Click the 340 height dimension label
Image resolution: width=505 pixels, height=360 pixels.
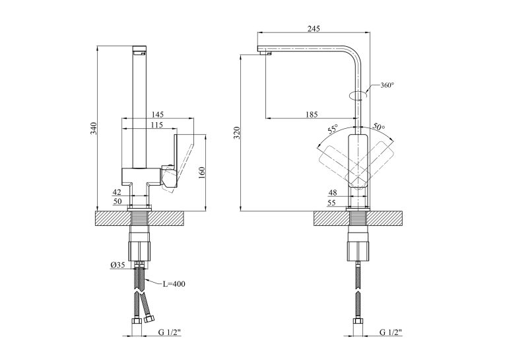coord(93,128)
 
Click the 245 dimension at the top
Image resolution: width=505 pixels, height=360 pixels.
coord(314,28)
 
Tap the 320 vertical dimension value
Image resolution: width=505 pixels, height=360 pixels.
coord(237,133)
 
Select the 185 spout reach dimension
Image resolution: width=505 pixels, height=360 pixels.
coord(312,114)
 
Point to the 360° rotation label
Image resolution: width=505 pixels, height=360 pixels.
coord(387,85)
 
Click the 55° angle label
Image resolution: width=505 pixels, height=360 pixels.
coord(333,129)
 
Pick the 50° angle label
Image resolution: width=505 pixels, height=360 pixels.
coord(379,127)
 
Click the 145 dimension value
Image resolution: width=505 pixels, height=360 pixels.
coord(158,114)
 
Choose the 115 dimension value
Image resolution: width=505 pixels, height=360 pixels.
coord(157,125)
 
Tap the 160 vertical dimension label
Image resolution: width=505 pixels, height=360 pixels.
coord(202,173)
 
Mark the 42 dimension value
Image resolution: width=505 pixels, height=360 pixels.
coord(117,192)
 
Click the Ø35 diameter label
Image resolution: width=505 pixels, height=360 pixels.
coord(118,265)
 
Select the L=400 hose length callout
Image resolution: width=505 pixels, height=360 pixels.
coord(174,284)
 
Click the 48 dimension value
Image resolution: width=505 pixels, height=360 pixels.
coord(333,193)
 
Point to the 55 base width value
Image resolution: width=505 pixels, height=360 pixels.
coord(331,203)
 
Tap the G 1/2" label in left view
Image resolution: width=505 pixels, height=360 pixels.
coord(170,332)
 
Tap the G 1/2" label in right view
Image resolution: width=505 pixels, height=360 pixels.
coord(391,332)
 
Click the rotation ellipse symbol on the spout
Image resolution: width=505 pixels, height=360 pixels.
coord(358,96)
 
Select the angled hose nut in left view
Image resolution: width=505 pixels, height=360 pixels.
coord(149,319)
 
